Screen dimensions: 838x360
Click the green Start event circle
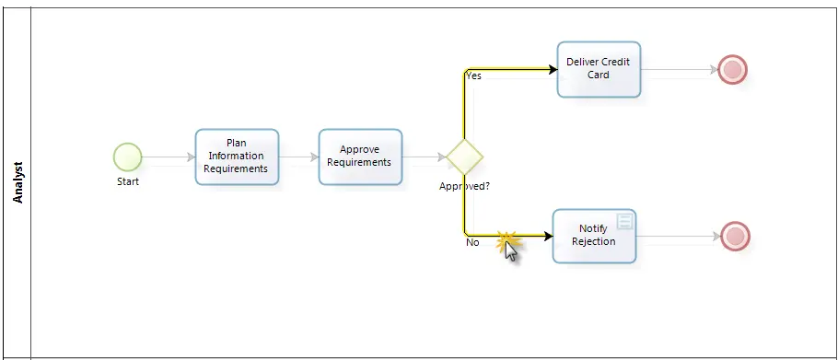pyautogui.click(x=128, y=157)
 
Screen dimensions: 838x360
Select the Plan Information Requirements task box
pyautogui.click(x=237, y=157)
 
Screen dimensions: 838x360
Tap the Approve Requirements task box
pyautogui.click(x=360, y=157)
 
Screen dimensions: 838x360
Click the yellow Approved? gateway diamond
pyautogui.click(x=464, y=157)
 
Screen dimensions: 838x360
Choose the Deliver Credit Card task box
pyautogui.click(x=599, y=69)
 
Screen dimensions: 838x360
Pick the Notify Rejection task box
pyautogui.click(x=594, y=236)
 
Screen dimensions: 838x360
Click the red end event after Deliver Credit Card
pyautogui.click(x=732, y=69)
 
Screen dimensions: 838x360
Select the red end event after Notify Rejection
pyautogui.click(x=736, y=236)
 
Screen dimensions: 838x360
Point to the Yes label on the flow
pyautogui.click(x=473, y=75)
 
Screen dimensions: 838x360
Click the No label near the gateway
pyautogui.click(x=472, y=242)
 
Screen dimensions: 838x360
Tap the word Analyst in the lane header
pyautogui.click(x=18, y=182)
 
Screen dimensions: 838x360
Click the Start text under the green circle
pyautogui.click(x=128, y=181)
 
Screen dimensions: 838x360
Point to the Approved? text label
pyautogui.click(x=464, y=186)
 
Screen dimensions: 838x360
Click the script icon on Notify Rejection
pyautogui.click(x=624, y=221)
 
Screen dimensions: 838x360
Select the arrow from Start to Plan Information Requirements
pyautogui.click(x=169, y=157)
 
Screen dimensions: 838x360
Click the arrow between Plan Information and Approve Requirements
pyautogui.click(x=298, y=157)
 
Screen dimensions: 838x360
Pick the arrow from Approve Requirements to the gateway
pyautogui.click(x=425, y=157)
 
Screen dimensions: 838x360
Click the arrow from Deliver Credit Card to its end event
pyautogui.click(x=680, y=69)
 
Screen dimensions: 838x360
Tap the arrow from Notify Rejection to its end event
pyautogui.click(x=679, y=236)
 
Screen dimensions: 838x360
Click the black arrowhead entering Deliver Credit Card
pyautogui.click(x=553, y=69)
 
